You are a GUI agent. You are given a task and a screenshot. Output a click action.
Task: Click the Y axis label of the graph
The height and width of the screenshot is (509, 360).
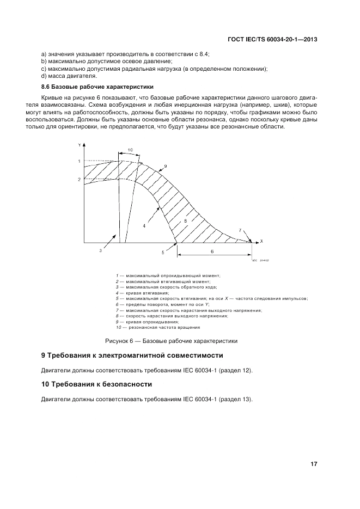(x=80, y=144)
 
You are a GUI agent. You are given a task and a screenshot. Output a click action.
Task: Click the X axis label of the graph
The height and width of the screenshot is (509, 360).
(x=261, y=240)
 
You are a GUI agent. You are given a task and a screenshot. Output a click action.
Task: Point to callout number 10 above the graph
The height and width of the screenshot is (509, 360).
(x=130, y=150)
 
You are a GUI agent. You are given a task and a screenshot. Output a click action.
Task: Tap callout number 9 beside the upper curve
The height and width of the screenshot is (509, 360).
(x=165, y=165)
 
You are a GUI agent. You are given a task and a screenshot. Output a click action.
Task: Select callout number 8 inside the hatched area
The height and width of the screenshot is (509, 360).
(x=185, y=221)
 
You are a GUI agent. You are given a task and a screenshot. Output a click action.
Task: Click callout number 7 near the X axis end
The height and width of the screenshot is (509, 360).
(x=240, y=230)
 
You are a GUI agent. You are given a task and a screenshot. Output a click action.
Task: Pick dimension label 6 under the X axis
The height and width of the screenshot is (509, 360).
(x=212, y=252)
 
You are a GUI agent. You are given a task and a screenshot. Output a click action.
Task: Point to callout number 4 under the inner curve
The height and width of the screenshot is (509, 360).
(x=144, y=225)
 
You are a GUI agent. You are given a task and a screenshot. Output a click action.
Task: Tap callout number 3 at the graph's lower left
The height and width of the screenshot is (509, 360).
(x=100, y=250)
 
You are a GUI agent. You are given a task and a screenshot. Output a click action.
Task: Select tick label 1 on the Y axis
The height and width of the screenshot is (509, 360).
(x=79, y=161)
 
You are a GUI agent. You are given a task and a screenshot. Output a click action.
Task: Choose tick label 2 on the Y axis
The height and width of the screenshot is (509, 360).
(x=79, y=179)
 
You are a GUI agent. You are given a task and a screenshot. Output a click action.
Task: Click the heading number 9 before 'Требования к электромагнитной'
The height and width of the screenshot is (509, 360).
(x=44, y=355)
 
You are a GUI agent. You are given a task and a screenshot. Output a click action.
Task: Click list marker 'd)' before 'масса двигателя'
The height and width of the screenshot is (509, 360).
(x=44, y=76)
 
